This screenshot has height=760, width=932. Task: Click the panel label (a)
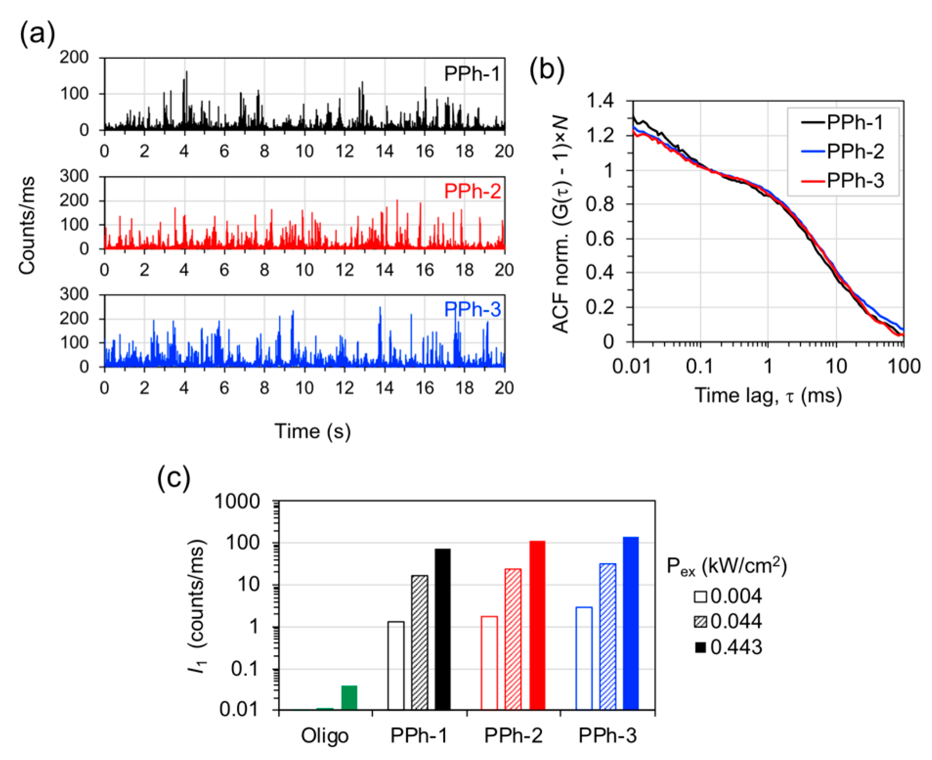37,34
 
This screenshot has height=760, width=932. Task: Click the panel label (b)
546,69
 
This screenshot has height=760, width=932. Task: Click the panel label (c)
174,478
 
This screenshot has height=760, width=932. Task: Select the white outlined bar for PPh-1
396,665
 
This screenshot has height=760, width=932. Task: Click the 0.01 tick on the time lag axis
631,366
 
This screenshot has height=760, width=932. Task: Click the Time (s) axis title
312,431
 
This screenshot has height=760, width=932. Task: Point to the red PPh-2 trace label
472,191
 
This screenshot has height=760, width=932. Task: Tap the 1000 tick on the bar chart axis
237,501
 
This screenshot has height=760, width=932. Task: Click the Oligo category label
325,736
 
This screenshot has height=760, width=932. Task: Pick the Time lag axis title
768,395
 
